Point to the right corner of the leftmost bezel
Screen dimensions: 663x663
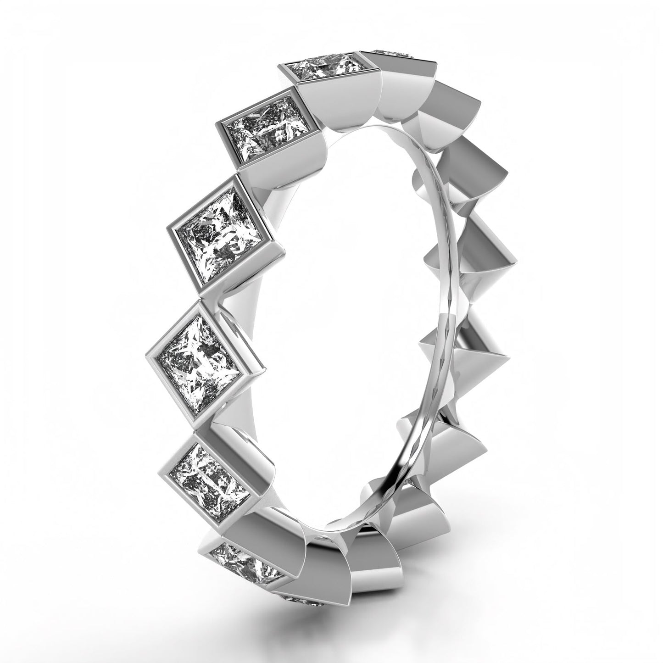[x=267, y=367]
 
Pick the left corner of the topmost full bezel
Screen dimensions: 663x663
[x=278, y=67]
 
